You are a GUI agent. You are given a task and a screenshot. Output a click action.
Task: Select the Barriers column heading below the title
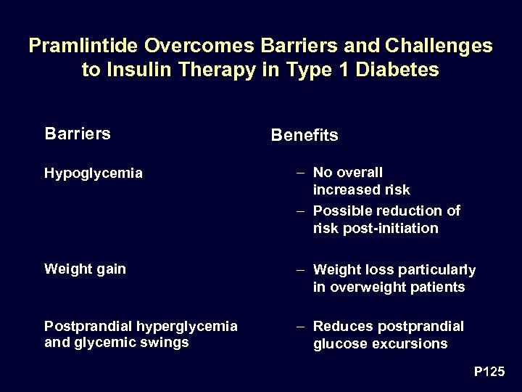[78, 134]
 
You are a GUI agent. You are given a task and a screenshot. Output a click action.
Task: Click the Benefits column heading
[304, 136]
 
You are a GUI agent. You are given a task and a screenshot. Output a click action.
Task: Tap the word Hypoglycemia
[94, 173]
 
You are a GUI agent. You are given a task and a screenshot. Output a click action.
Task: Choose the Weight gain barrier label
[85, 269]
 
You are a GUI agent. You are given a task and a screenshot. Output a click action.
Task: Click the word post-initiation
[389, 229]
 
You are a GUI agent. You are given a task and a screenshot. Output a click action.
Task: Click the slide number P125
[489, 372]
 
